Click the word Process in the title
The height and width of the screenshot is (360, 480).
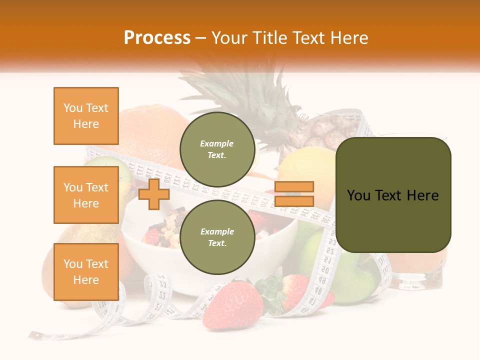(157, 38)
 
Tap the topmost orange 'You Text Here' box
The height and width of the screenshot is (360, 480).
(86, 116)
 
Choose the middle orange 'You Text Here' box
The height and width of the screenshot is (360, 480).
(86, 195)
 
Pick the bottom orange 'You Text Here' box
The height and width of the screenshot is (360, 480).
(86, 272)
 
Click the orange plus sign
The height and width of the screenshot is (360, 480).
(154, 194)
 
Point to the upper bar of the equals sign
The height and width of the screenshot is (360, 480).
(294, 186)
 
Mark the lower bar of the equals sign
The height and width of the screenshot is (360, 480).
(294, 201)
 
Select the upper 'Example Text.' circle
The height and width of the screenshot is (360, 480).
(217, 149)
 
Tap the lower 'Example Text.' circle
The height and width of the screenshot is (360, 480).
(217, 237)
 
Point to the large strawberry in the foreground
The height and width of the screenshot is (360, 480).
(232, 305)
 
